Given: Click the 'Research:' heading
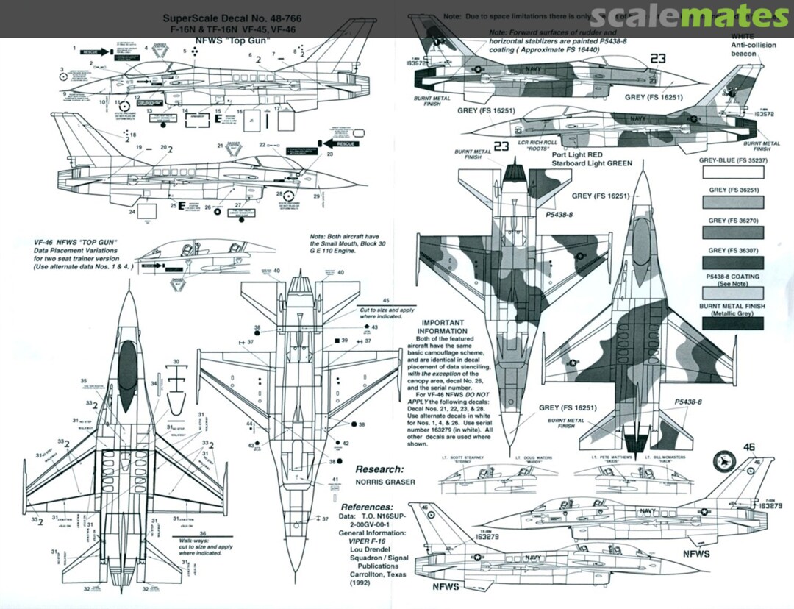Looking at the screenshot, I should click(x=379, y=469).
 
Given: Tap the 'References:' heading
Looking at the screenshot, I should click(x=367, y=508).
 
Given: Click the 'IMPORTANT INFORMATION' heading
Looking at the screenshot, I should click(x=443, y=327).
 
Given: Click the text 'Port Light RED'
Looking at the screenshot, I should click(x=582, y=155).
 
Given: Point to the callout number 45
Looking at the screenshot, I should click(x=385, y=300).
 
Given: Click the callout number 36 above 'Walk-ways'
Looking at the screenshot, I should click(x=203, y=533).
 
